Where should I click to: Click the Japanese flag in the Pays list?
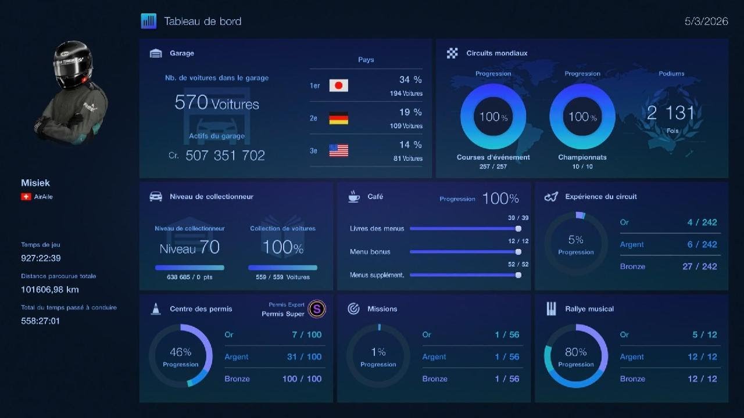click(x=338, y=85)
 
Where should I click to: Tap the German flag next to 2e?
click(x=338, y=118)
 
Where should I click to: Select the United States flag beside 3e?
click(x=338, y=150)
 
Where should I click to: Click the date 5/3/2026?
click(x=706, y=21)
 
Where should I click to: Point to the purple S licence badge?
click(x=317, y=309)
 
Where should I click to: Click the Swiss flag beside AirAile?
click(x=26, y=197)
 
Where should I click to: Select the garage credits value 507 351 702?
click(x=225, y=155)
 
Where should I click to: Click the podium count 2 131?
click(x=671, y=113)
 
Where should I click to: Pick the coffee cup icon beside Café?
click(x=354, y=196)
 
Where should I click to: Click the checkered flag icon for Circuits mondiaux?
click(x=452, y=53)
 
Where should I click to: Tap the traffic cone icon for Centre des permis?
click(x=155, y=309)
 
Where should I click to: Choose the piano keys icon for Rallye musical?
click(x=551, y=309)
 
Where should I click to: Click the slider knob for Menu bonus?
click(x=518, y=252)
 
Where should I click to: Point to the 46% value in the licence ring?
click(x=180, y=352)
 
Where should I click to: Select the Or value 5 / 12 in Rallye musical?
click(x=704, y=334)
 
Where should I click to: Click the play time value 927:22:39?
click(x=41, y=258)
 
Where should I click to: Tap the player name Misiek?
click(x=35, y=183)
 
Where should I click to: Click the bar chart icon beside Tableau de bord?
click(x=148, y=21)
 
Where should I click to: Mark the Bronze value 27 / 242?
click(x=699, y=266)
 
